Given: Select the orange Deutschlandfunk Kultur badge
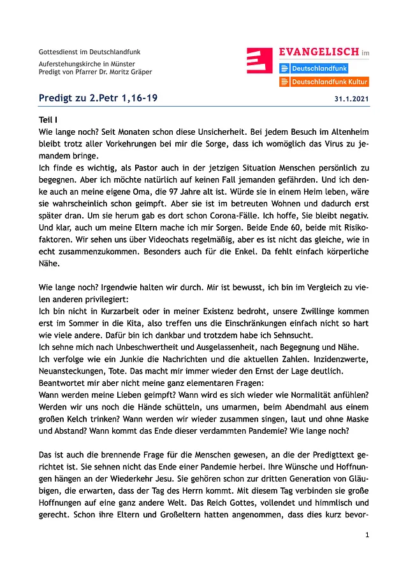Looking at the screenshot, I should pos(324,82).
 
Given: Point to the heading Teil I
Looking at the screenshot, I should pos(48,119).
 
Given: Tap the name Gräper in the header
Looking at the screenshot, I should pos(140,72).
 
